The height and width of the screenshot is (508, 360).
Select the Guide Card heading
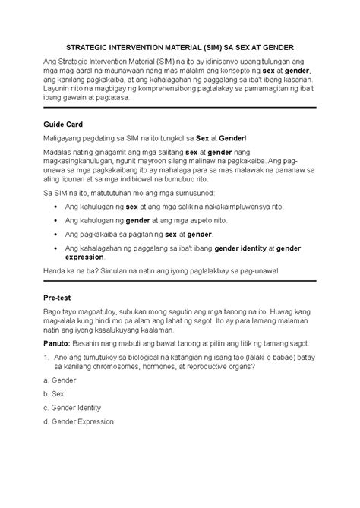point(65,123)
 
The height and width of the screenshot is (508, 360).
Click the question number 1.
point(49,357)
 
